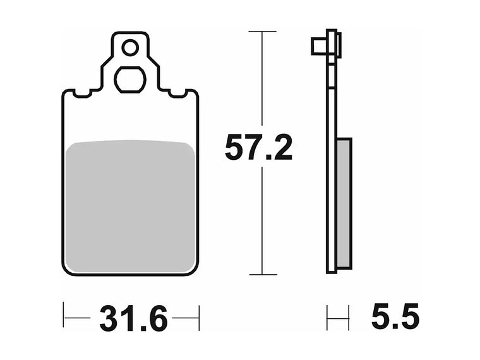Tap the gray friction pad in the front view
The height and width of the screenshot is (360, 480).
(x=131, y=206)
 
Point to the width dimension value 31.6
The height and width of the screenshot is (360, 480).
(x=133, y=320)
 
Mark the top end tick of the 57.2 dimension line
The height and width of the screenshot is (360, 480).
(x=262, y=30)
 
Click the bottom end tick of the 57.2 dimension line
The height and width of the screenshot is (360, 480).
(x=262, y=275)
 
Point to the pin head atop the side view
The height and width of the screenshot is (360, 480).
(x=326, y=46)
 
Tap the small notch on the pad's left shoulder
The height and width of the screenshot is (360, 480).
(x=81, y=95)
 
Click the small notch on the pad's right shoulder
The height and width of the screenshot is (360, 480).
(x=180, y=95)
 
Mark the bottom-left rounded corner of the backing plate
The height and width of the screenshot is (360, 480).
(x=67, y=270)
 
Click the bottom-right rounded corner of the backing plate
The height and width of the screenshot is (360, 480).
(x=195, y=270)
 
